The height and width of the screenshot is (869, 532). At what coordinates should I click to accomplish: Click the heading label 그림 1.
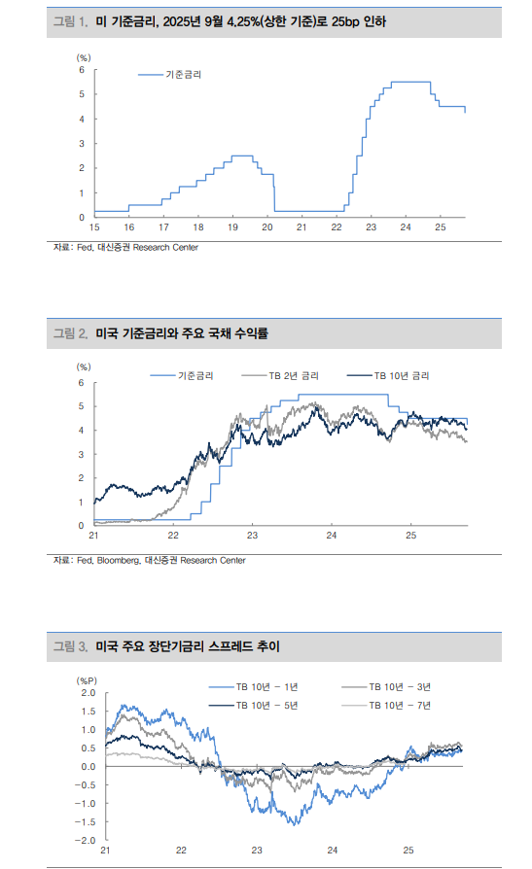(x=70, y=20)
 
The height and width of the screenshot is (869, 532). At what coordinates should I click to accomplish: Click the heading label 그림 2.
(x=70, y=333)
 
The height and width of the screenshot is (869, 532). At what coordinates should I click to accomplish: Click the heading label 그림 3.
(x=70, y=645)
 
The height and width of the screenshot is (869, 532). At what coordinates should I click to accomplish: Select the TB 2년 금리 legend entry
(x=294, y=375)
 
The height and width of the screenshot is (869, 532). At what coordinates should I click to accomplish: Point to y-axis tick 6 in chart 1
(x=82, y=70)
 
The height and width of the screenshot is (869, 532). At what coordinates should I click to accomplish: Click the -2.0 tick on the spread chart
(x=85, y=840)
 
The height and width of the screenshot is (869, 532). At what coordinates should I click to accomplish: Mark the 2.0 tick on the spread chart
(x=88, y=693)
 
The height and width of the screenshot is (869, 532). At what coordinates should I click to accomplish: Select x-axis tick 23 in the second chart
(x=252, y=536)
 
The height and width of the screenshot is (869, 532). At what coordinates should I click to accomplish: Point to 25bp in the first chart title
(x=347, y=20)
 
